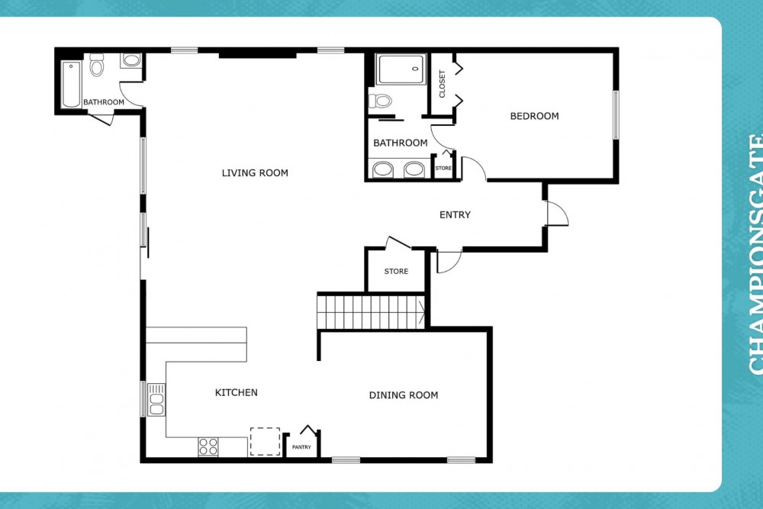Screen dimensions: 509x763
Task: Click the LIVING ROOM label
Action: click(x=255, y=173)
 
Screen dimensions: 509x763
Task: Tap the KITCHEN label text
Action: click(x=236, y=393)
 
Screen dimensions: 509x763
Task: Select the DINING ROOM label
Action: click(x=404, y=395)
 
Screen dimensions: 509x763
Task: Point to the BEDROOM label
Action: click(x=534, y=117)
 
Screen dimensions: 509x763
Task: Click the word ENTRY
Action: click(x=455, y=215)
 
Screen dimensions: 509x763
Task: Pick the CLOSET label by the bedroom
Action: click(x=442, y=84)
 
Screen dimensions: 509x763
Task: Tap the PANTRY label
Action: click(x=301, y=447)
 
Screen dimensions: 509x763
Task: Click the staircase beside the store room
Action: click(x=371, y=311)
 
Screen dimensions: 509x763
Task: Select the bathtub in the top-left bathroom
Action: click(x=71, y=84)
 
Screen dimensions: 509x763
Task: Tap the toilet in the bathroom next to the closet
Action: click(x=380, y=101)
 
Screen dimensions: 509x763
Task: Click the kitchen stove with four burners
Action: click(x=208, y=446)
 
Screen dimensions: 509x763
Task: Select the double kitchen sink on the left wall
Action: click(x=156, y=399)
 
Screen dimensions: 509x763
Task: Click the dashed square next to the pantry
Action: click(x=265, y=441)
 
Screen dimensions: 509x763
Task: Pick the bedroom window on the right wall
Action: click(x=616, y=115)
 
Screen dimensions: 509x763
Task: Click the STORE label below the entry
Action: click(x=396, y=272)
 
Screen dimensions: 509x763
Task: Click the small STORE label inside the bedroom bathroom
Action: click(x=443, y=168)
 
